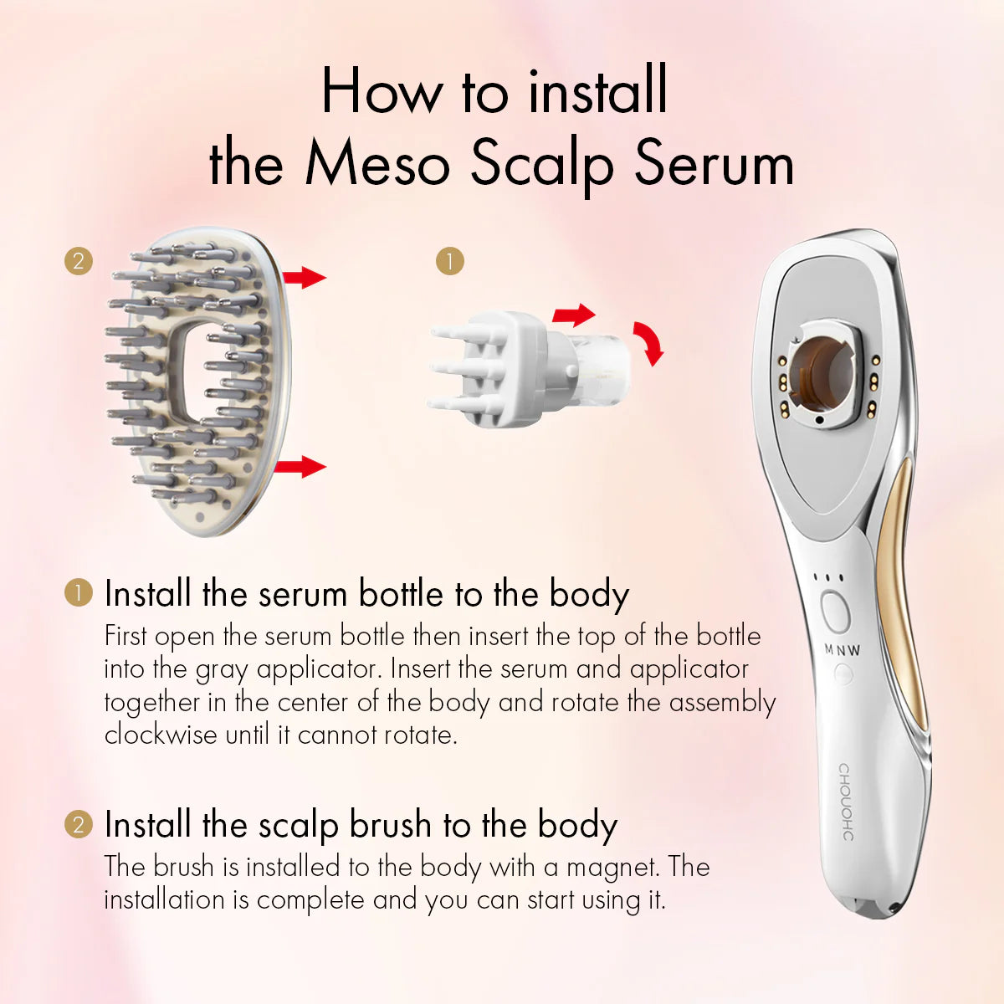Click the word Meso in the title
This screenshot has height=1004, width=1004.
pyautogui.click(x=377, y=164)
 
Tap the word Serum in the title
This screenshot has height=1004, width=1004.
pyautogui.click(x=715, y=164)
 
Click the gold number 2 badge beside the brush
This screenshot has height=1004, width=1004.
pyautogui.click(x=79, y=261)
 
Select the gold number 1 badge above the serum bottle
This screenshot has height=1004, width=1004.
pyautogui.click(x=449, y=261)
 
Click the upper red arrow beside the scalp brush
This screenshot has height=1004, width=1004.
pyautogui.click(x=305, y=277)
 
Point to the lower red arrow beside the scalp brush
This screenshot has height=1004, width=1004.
pyautogui.click(x=300, y=466)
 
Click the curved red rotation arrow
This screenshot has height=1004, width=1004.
pyautogui.click(x=650, y=343)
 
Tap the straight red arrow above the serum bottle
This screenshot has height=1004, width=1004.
pyautogui.click(x=574, y=315)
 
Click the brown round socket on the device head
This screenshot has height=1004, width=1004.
pyautogui.click(x=822, y=374)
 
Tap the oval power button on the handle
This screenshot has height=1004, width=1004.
pyautogui.click(x=835, y=612)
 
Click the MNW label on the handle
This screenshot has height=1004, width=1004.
pyautogui.click(x=842, y=650)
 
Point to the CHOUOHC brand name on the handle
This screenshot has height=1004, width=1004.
pyautogui.click(x=846, y=802)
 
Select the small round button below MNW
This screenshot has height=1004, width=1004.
pyautogui.click(x=843, y=674)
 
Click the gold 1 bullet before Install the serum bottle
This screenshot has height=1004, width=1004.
pyautogui.click(x=79, y=592)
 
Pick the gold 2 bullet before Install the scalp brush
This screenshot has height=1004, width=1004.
pyautogui.click(x=79, y=825)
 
